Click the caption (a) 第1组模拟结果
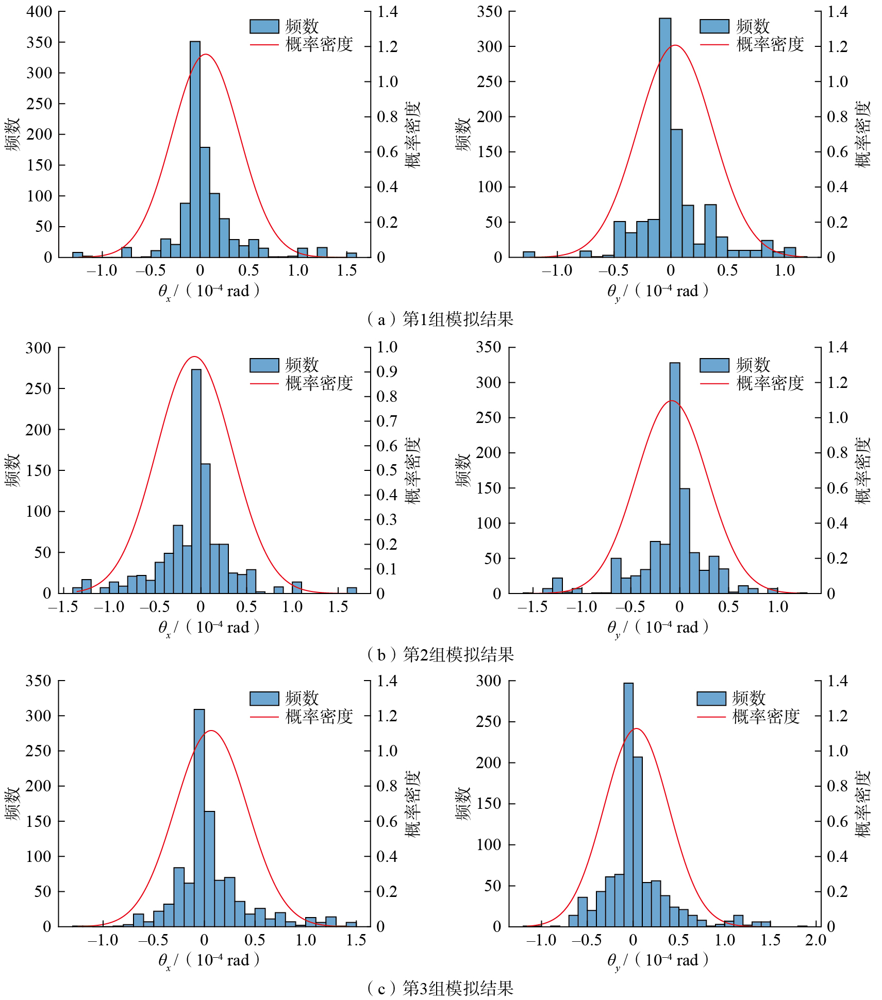(440, 319)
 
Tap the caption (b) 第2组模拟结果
(440, 654)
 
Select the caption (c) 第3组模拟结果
(440, 988)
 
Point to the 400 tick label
(39, 12)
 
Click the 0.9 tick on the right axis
(387, 371)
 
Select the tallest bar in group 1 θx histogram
(195, 149)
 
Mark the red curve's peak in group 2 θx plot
(194, 357)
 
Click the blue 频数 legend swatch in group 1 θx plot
(264, 26)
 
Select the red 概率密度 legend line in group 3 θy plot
(711, 717)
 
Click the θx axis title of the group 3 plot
(209, 960)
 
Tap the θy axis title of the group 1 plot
(658, 291)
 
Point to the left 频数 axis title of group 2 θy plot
(463, 470)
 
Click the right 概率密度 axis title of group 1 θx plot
(413, 134)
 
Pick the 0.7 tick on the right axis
(387, 421)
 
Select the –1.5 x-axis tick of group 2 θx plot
(63, 606)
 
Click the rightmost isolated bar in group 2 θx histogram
(352, 590)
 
